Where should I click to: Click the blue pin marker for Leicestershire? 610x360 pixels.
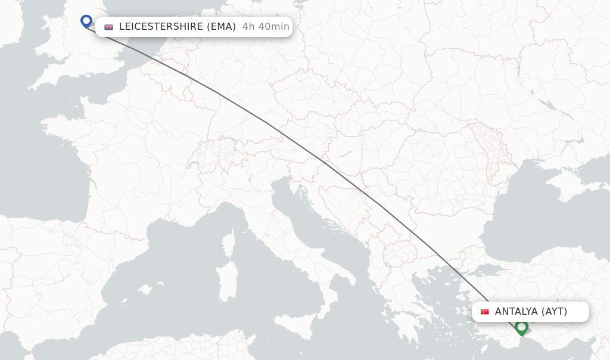coord(86,21)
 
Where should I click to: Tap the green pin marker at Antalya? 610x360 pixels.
coord(521,327)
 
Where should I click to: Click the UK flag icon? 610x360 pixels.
coord(108,27)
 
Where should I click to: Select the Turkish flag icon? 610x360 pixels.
coord(485,312)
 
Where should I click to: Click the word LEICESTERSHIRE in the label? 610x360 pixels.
coord(161,27)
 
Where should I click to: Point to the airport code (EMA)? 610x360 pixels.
coord(221,27)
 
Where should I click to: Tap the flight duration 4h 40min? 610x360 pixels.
coord(266,27)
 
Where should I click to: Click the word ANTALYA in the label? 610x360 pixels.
coord(516,312)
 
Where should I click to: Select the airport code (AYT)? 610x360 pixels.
coord(554,312)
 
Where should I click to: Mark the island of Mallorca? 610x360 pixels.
coord(145,290)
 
